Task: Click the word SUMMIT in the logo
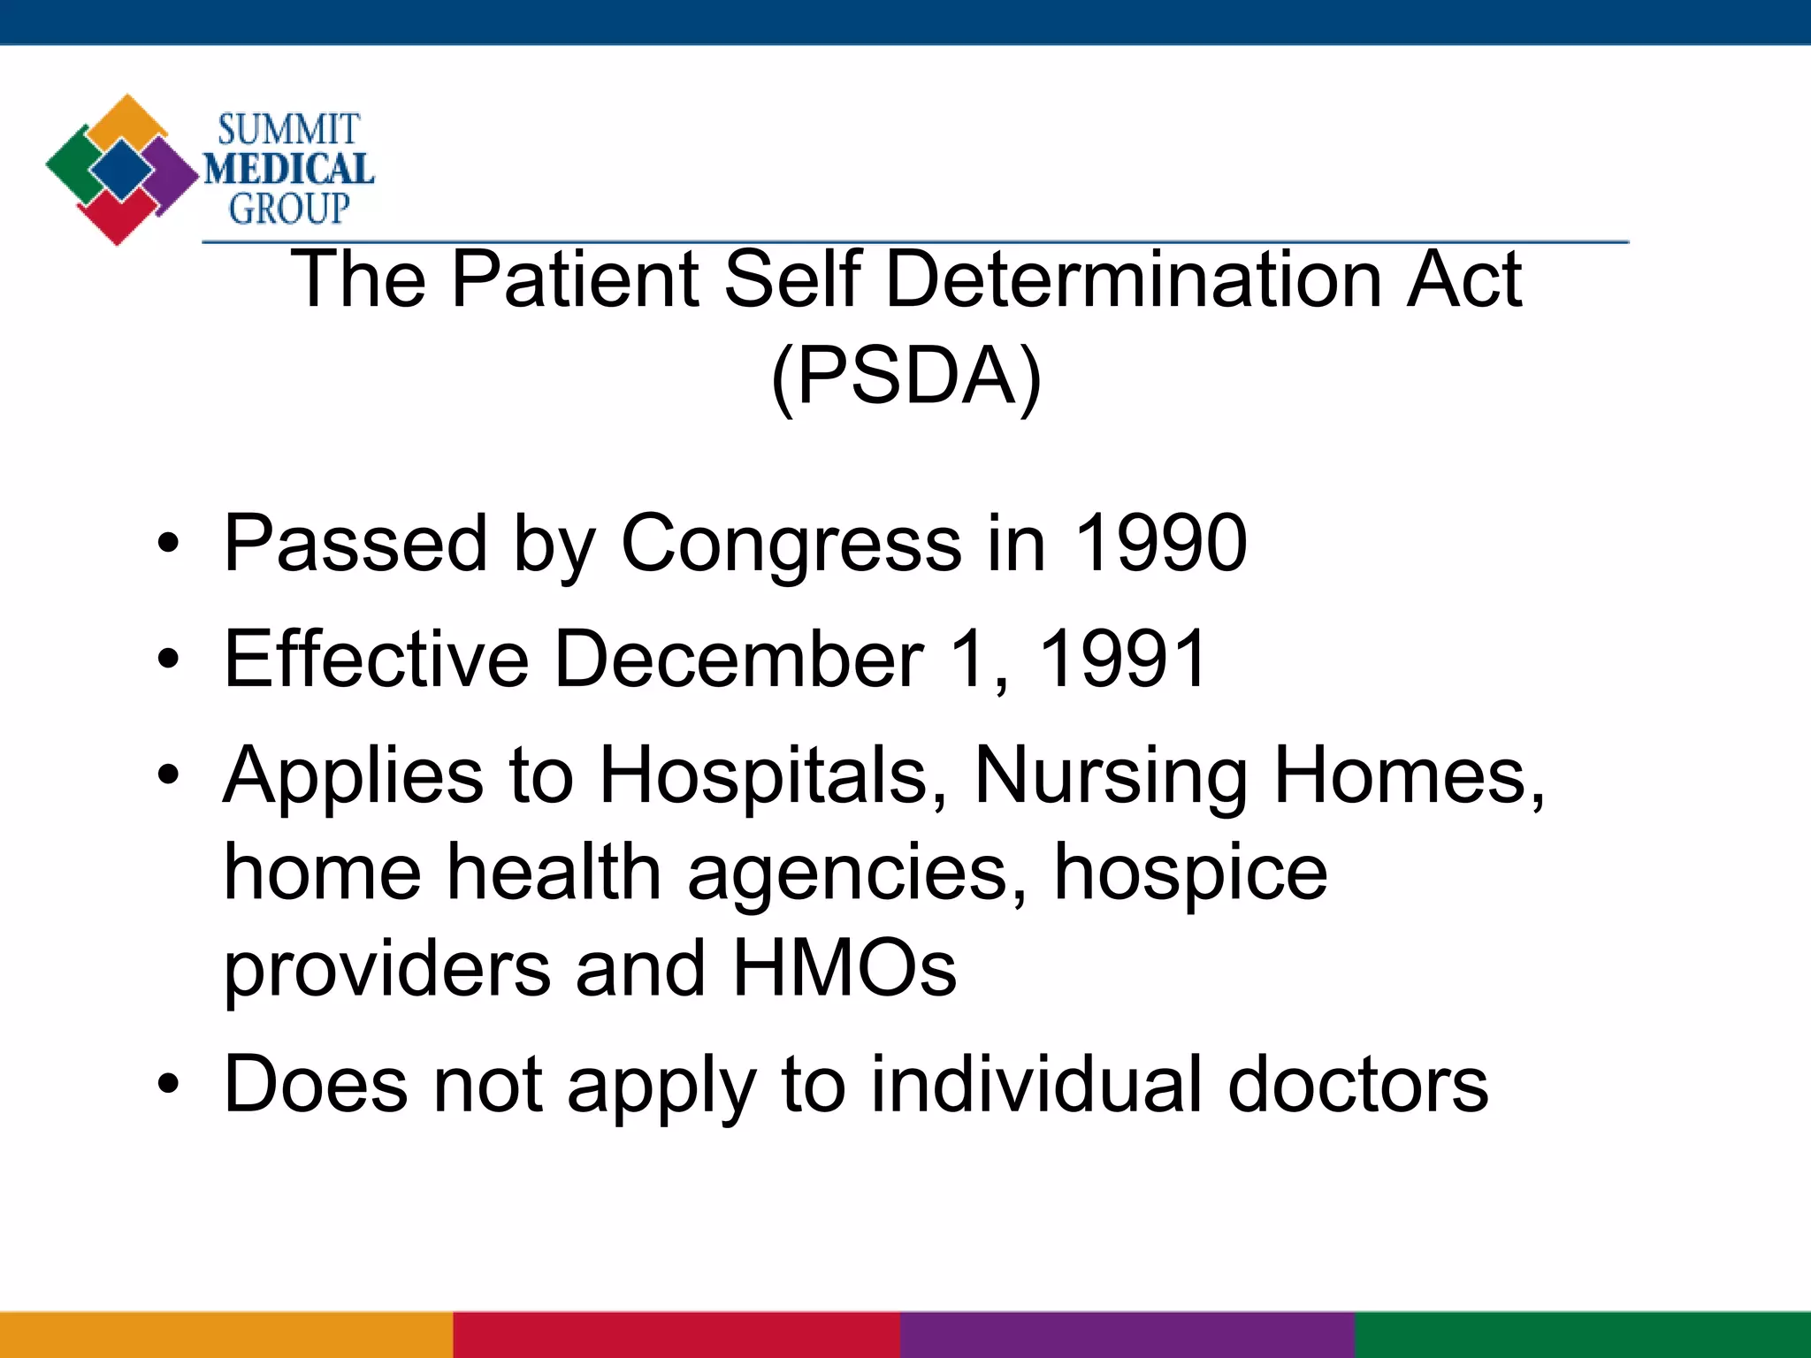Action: click(x=288, y=130)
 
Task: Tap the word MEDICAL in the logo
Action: click(x=289, y=169)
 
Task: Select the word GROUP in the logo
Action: click(x=289, y=209)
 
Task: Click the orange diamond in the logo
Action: click(x=129, y=119)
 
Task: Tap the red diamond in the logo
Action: click(x=117, y=217)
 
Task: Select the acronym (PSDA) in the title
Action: click(x=906, y=377)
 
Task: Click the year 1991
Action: click(x=1122, y=659)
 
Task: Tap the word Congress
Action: click(x=791, y=545)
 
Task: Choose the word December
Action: click(x=738, y=659)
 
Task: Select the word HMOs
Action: click(x=844, y=969)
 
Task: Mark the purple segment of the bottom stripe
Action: click(x=1127, y=1334)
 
